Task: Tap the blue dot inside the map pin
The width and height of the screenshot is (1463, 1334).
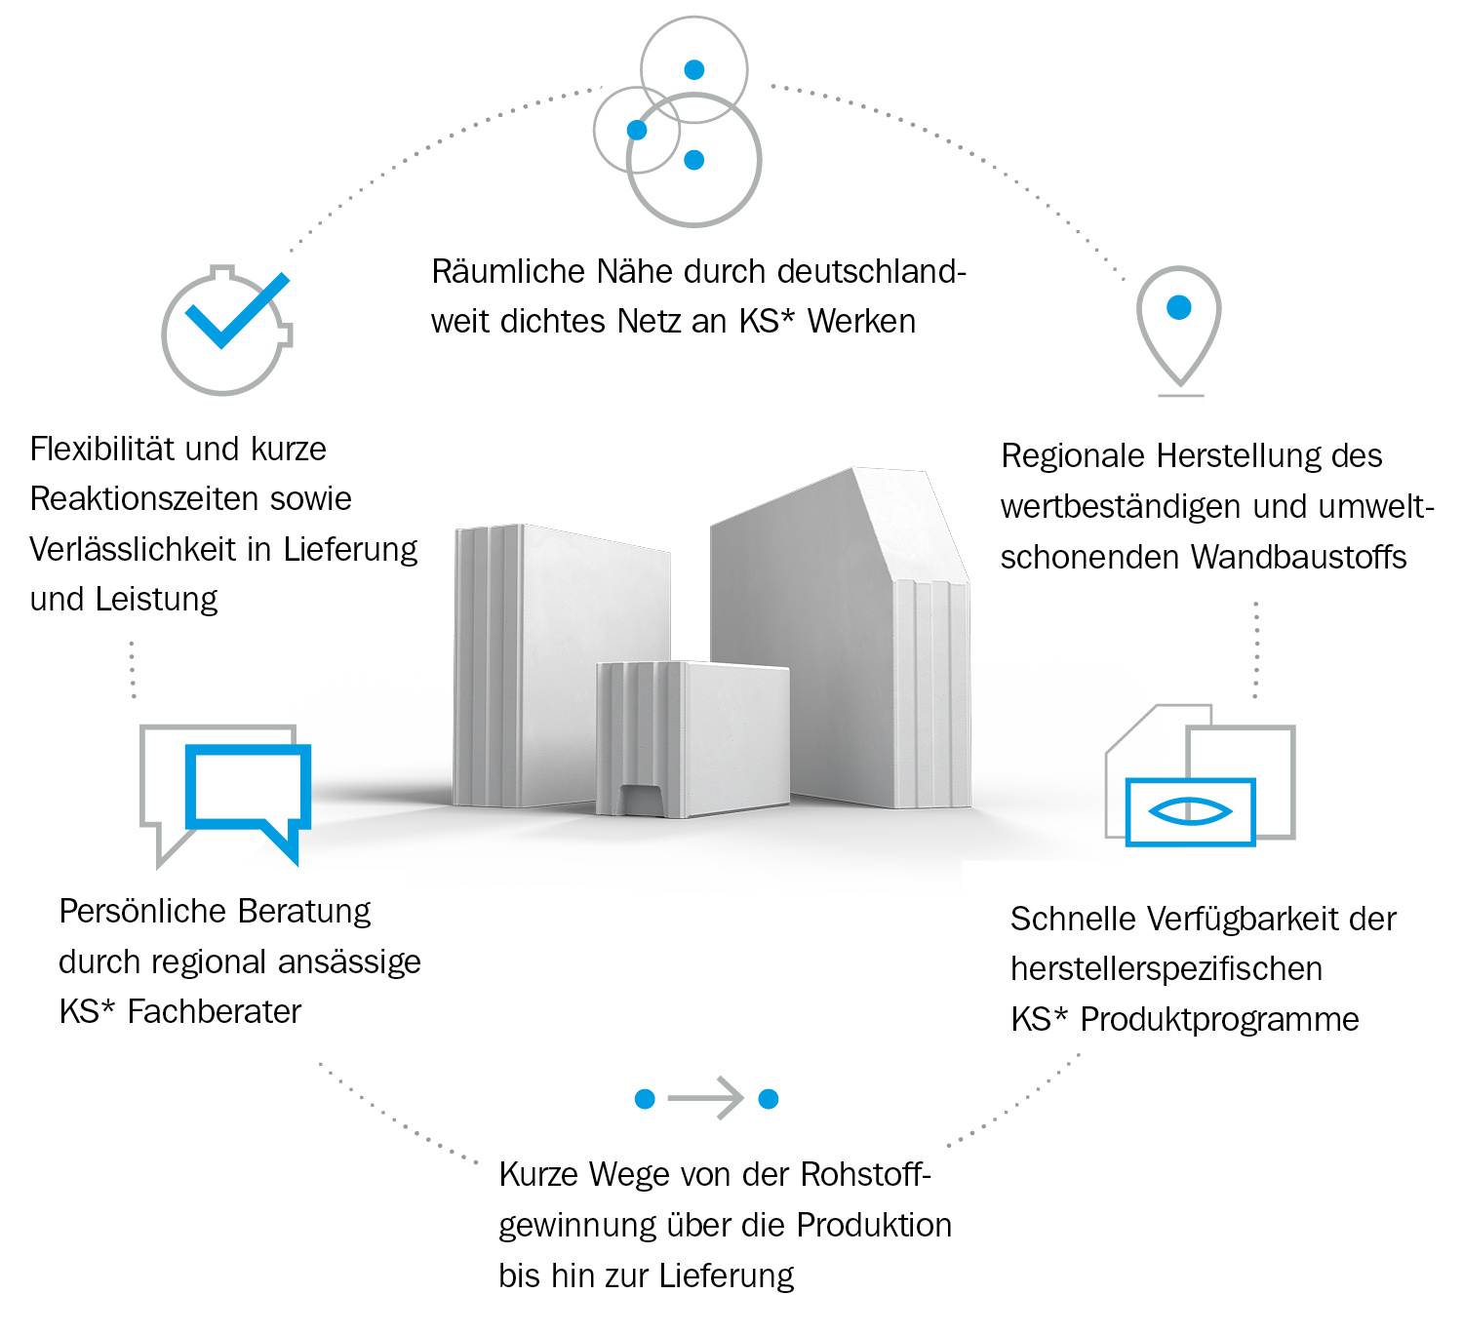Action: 1178,307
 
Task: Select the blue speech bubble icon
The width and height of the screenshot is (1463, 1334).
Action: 250,792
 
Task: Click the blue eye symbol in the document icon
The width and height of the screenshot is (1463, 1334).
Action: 1190,811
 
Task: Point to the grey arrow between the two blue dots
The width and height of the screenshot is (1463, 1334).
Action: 706,1099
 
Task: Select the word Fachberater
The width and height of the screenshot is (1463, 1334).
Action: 215,1012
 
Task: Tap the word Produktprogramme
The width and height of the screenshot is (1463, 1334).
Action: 1219,1020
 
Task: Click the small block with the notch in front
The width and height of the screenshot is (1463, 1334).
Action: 691,739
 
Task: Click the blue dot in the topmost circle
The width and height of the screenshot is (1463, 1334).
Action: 693,69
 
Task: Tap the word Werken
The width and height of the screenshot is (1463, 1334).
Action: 861,322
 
